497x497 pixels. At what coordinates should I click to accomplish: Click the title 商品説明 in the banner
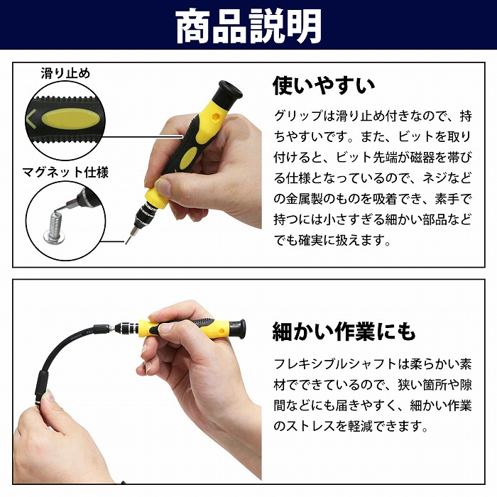point(248,26)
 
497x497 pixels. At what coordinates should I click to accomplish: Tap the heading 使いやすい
point(324,85)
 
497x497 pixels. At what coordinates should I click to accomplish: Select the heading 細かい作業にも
point(344,332)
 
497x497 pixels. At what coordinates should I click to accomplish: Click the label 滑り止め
point(65,73)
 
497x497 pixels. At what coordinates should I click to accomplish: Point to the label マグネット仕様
point(65,172)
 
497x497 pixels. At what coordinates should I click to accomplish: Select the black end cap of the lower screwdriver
point(237,329)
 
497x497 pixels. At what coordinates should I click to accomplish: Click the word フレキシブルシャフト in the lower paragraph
point(335,364)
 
